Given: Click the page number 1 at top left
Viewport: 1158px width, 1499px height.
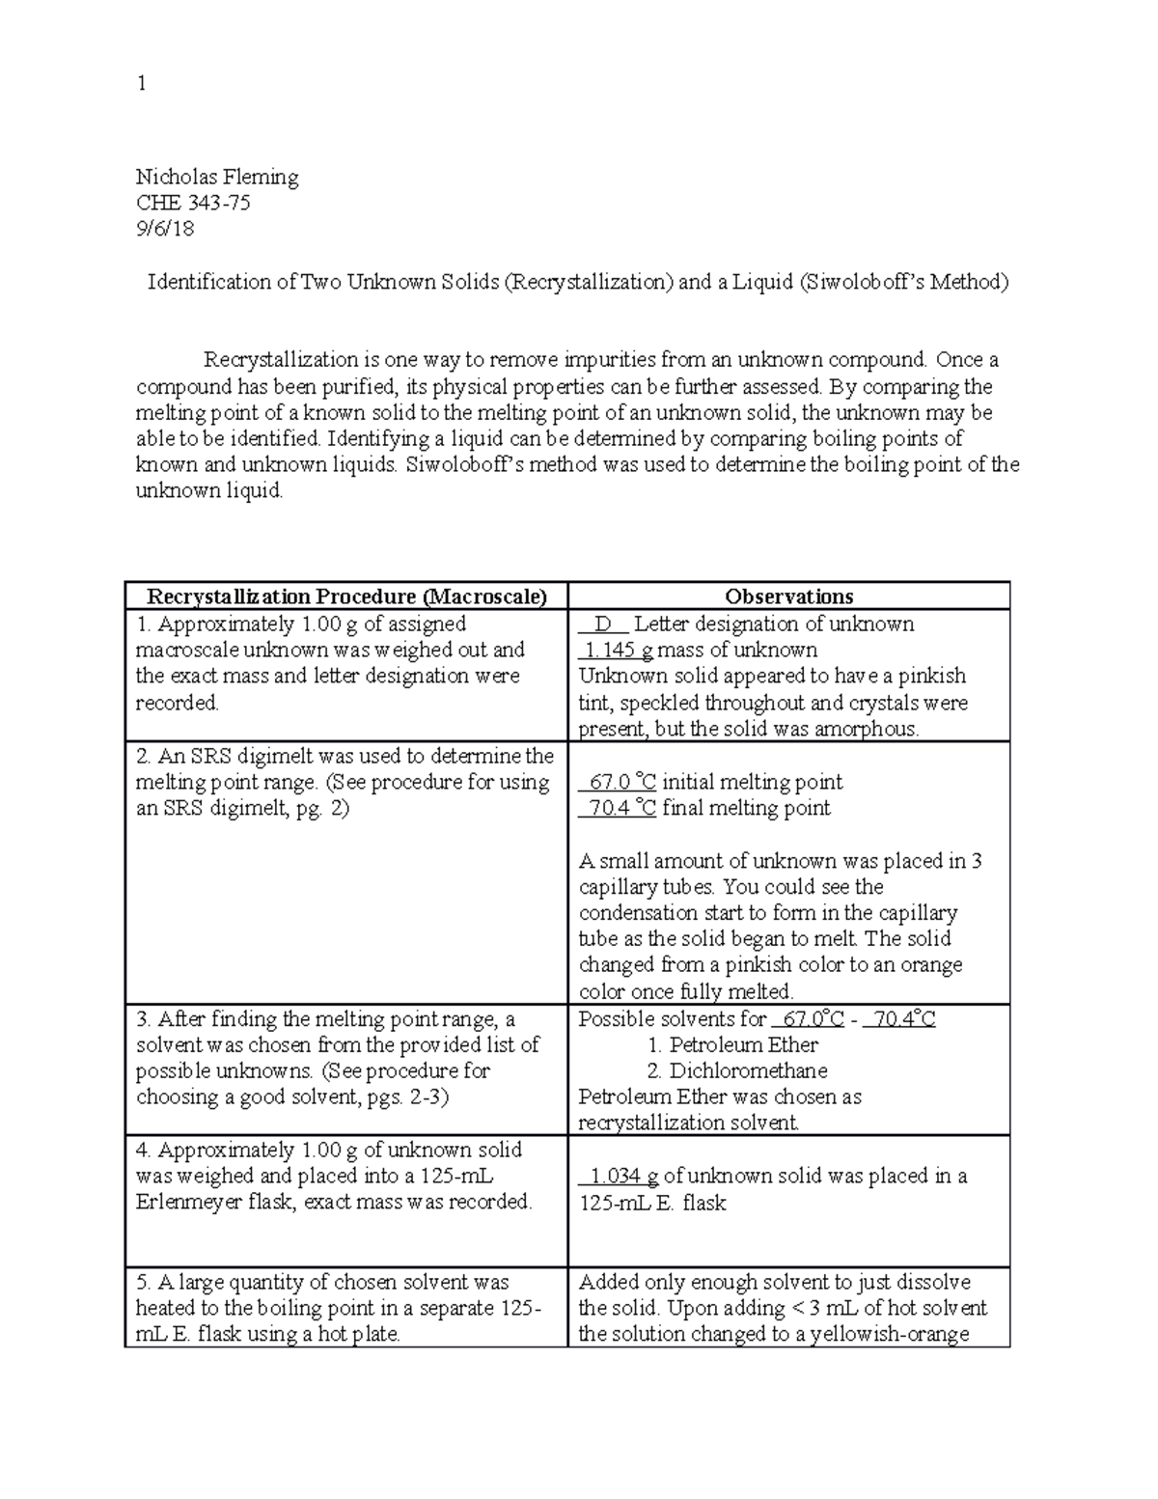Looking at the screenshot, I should (142, 84).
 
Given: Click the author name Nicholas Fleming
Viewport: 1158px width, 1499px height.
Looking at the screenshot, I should (217, 177).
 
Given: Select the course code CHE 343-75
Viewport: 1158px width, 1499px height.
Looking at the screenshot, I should (193, 203).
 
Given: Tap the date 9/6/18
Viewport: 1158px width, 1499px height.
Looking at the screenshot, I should (165, 229).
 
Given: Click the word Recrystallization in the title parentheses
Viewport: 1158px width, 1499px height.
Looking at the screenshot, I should (590, 282).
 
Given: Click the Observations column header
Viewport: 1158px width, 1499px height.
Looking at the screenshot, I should (788, 597).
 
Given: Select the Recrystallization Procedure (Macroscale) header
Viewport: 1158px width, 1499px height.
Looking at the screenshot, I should (346, 597).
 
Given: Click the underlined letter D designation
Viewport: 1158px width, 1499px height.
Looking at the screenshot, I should (604, 624).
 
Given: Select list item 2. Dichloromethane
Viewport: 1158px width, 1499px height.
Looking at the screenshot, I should (737, 1070).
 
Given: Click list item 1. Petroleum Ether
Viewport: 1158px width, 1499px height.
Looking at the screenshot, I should (732, 1044).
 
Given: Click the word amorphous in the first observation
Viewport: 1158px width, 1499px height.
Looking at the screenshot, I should (864, 729).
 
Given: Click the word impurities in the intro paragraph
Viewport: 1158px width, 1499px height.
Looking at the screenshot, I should (543, 360).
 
